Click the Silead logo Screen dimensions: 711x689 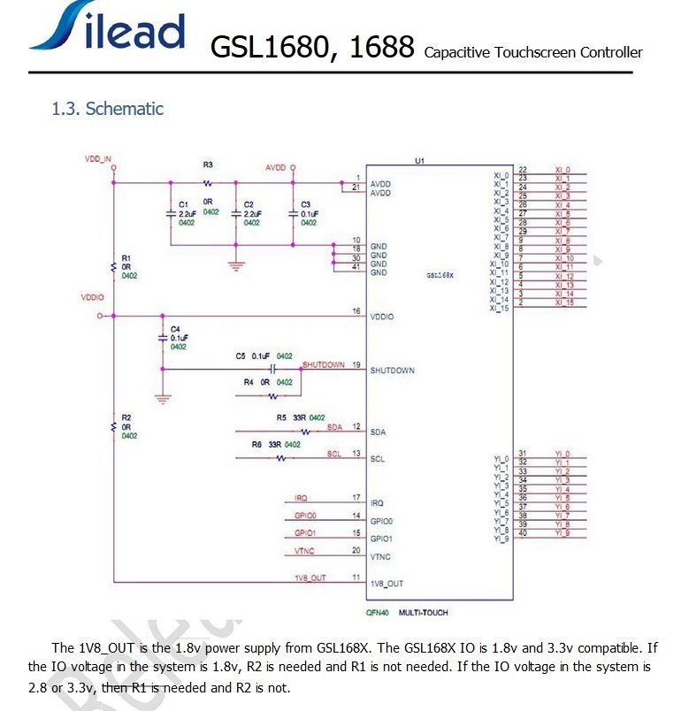[x=107, y=29]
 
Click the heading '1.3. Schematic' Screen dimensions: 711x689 [x=107, y=110]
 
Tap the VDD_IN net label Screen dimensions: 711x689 [x=98, y=159]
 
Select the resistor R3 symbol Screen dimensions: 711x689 [x=208, y=183]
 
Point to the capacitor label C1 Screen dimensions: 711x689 [x=183, y=204]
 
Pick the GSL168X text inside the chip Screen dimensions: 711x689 [x=440, y=275]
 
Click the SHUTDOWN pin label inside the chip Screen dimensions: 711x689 [x=393, y=371]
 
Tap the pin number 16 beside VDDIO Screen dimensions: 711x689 [x=356, y=311]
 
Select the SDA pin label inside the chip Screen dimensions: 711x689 [x=378, y=432]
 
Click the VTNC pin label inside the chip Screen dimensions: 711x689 [x=380, y=557]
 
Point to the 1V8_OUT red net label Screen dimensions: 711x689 [x=310, y=577]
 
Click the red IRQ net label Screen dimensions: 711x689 [x=302, y=499]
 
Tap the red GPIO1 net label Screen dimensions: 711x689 [x=305, y=534]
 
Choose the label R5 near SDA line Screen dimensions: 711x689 [x=281, y=417]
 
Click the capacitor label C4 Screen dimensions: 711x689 [x=175, y=328]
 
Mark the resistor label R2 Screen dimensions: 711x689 [x=126, y=417]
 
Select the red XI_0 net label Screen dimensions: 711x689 [x=563, y=169]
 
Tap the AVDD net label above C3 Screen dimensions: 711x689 [x=276, y=167]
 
